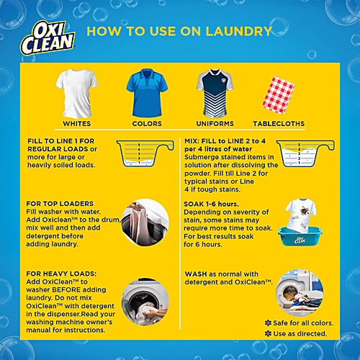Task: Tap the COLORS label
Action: pos(147,123)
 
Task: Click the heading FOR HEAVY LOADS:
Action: pos(60,274)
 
